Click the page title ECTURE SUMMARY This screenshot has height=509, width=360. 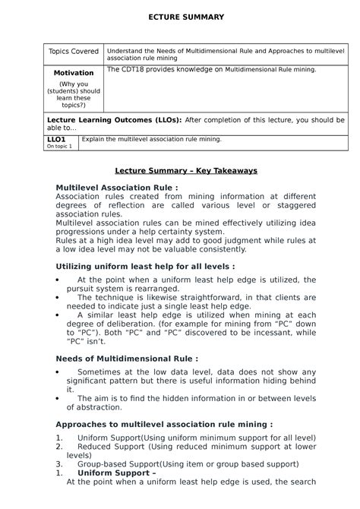pyautogui.click(x=180, y=17)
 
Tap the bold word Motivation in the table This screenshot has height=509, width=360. pyautogui.click(x=74, y=72)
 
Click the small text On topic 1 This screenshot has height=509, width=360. pyautogui.click(x=59, y=146)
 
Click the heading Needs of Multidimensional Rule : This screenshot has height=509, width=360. pyautogui.click(x=128, y=358)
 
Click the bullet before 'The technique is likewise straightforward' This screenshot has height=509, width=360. pyautogui.click(x=60, y=302)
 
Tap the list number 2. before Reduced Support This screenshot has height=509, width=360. pyautogui.click(x=60, y=448)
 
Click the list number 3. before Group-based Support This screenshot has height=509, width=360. pyautogui.click(x=60, y=463)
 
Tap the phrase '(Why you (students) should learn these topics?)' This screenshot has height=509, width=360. pyautogui.click(x=74, y=94)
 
